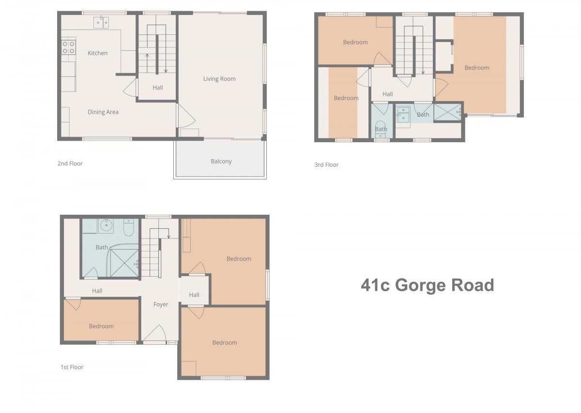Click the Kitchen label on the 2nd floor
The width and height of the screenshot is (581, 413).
97,53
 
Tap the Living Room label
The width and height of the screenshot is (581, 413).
219,79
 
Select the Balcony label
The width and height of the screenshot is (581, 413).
221,162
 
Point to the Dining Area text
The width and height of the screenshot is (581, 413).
103,112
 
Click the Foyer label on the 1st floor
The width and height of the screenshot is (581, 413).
161,305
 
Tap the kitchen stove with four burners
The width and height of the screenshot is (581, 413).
69,48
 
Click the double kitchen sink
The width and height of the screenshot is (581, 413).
101,23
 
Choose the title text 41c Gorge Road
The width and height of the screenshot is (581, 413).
428,285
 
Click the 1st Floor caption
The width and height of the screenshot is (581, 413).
72,367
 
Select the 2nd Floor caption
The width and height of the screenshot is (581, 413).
70,163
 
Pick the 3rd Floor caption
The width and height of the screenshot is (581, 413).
326,165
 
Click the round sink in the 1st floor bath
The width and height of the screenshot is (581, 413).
106,226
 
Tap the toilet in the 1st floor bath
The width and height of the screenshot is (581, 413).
128,227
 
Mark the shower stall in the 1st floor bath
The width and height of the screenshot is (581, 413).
124,263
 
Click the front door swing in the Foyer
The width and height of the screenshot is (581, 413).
154,333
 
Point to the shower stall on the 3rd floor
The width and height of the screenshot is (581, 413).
448,112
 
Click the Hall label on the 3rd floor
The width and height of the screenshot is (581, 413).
387,94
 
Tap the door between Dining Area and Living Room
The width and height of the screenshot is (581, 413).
186,116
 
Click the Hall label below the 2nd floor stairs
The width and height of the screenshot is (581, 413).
158,88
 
